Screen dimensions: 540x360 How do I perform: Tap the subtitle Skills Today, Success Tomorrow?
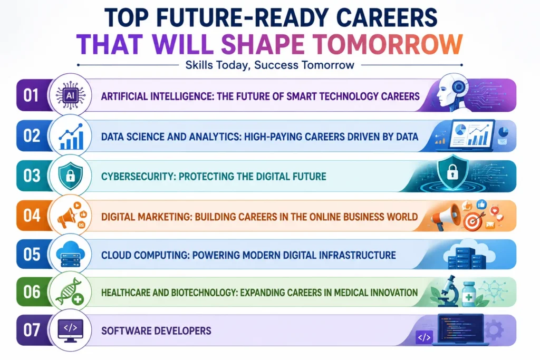click(x=269, y=65)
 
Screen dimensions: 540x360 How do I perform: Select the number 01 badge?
click(x=31, y=95)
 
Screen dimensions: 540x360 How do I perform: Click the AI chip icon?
click(x=70, y=95)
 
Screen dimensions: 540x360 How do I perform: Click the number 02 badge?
click(x=31, y=135)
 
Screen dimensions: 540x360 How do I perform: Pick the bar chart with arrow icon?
click(x=71, y=137)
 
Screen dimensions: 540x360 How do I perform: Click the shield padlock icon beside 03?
click(x=70, y=176)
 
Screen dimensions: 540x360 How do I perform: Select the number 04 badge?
click(x=32, y=216)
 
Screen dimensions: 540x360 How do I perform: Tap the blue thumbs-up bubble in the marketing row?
click(x=481, y=205)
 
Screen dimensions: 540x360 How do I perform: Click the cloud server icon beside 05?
click(x=70, y=255)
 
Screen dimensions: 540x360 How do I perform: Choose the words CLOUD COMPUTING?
click(x=145, y=255)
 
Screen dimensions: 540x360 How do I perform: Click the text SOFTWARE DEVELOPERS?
click(x=156, y=331)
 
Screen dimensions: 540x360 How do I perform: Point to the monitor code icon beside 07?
click(x=70, y=330)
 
